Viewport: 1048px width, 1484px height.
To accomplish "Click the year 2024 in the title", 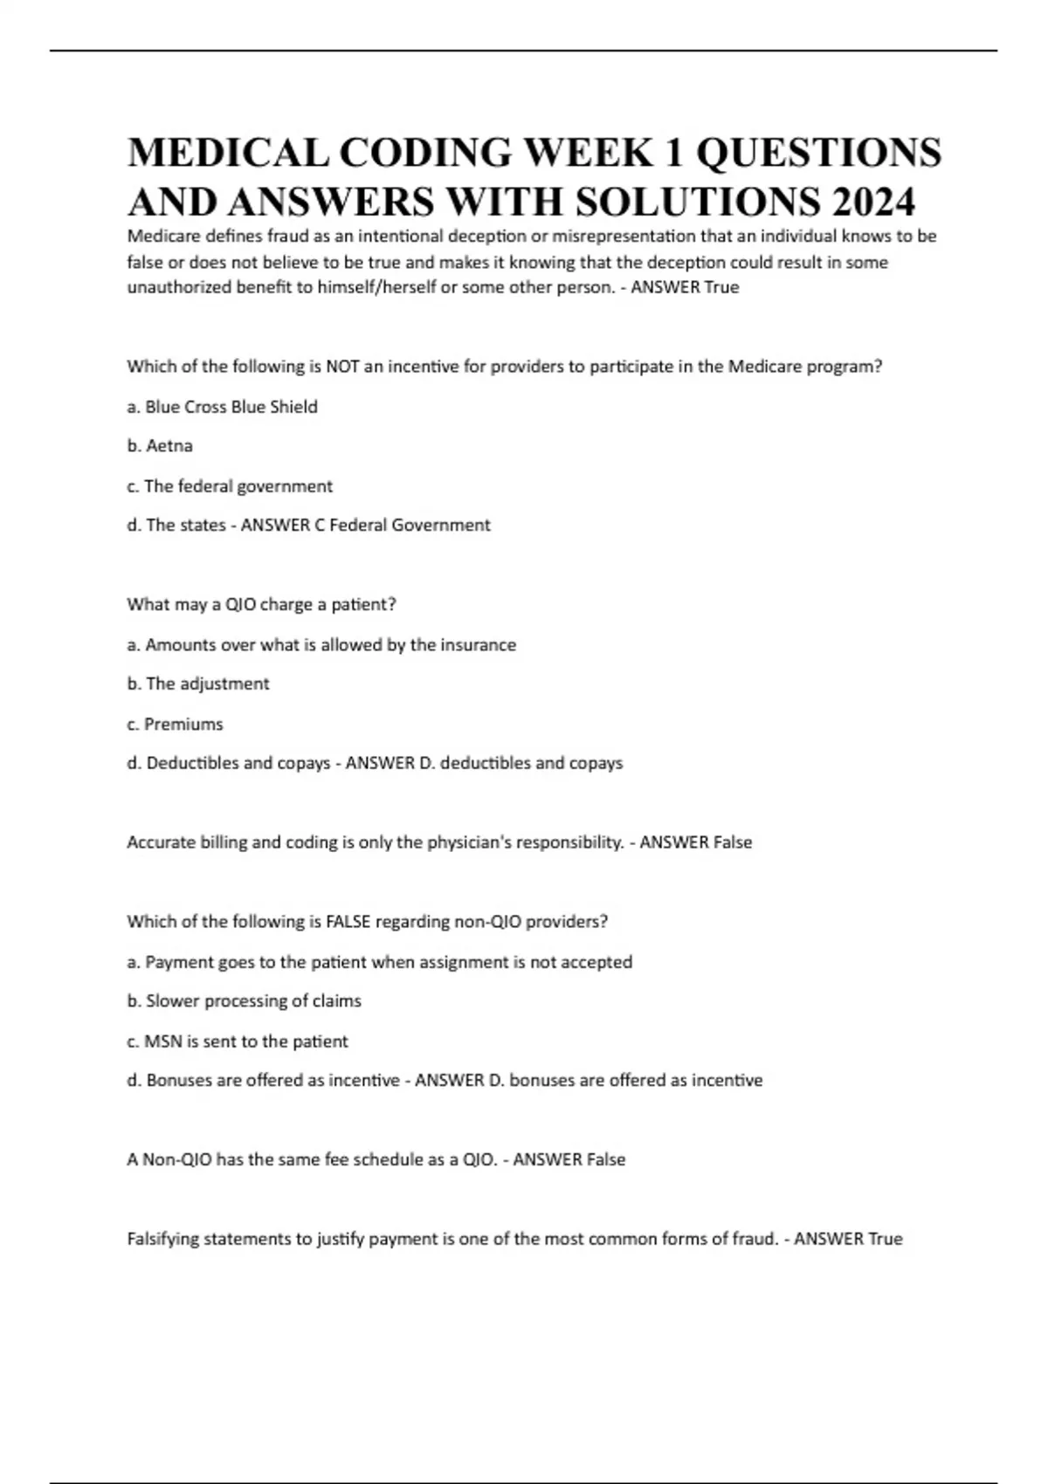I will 873,203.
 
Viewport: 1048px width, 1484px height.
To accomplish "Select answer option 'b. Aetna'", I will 160,446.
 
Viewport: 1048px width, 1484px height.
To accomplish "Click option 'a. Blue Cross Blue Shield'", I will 222,407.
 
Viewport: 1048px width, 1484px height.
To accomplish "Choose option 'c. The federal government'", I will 230,486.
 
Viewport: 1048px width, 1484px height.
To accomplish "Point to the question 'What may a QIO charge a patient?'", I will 261,604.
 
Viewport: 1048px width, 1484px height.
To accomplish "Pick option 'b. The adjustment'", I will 198,684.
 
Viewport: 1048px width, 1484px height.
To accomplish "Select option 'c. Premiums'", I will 175,724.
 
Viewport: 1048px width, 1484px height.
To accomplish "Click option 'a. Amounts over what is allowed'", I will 321,645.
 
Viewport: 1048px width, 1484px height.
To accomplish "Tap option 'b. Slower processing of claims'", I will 244,1001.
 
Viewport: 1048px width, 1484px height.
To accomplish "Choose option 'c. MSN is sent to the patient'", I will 237,1041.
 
